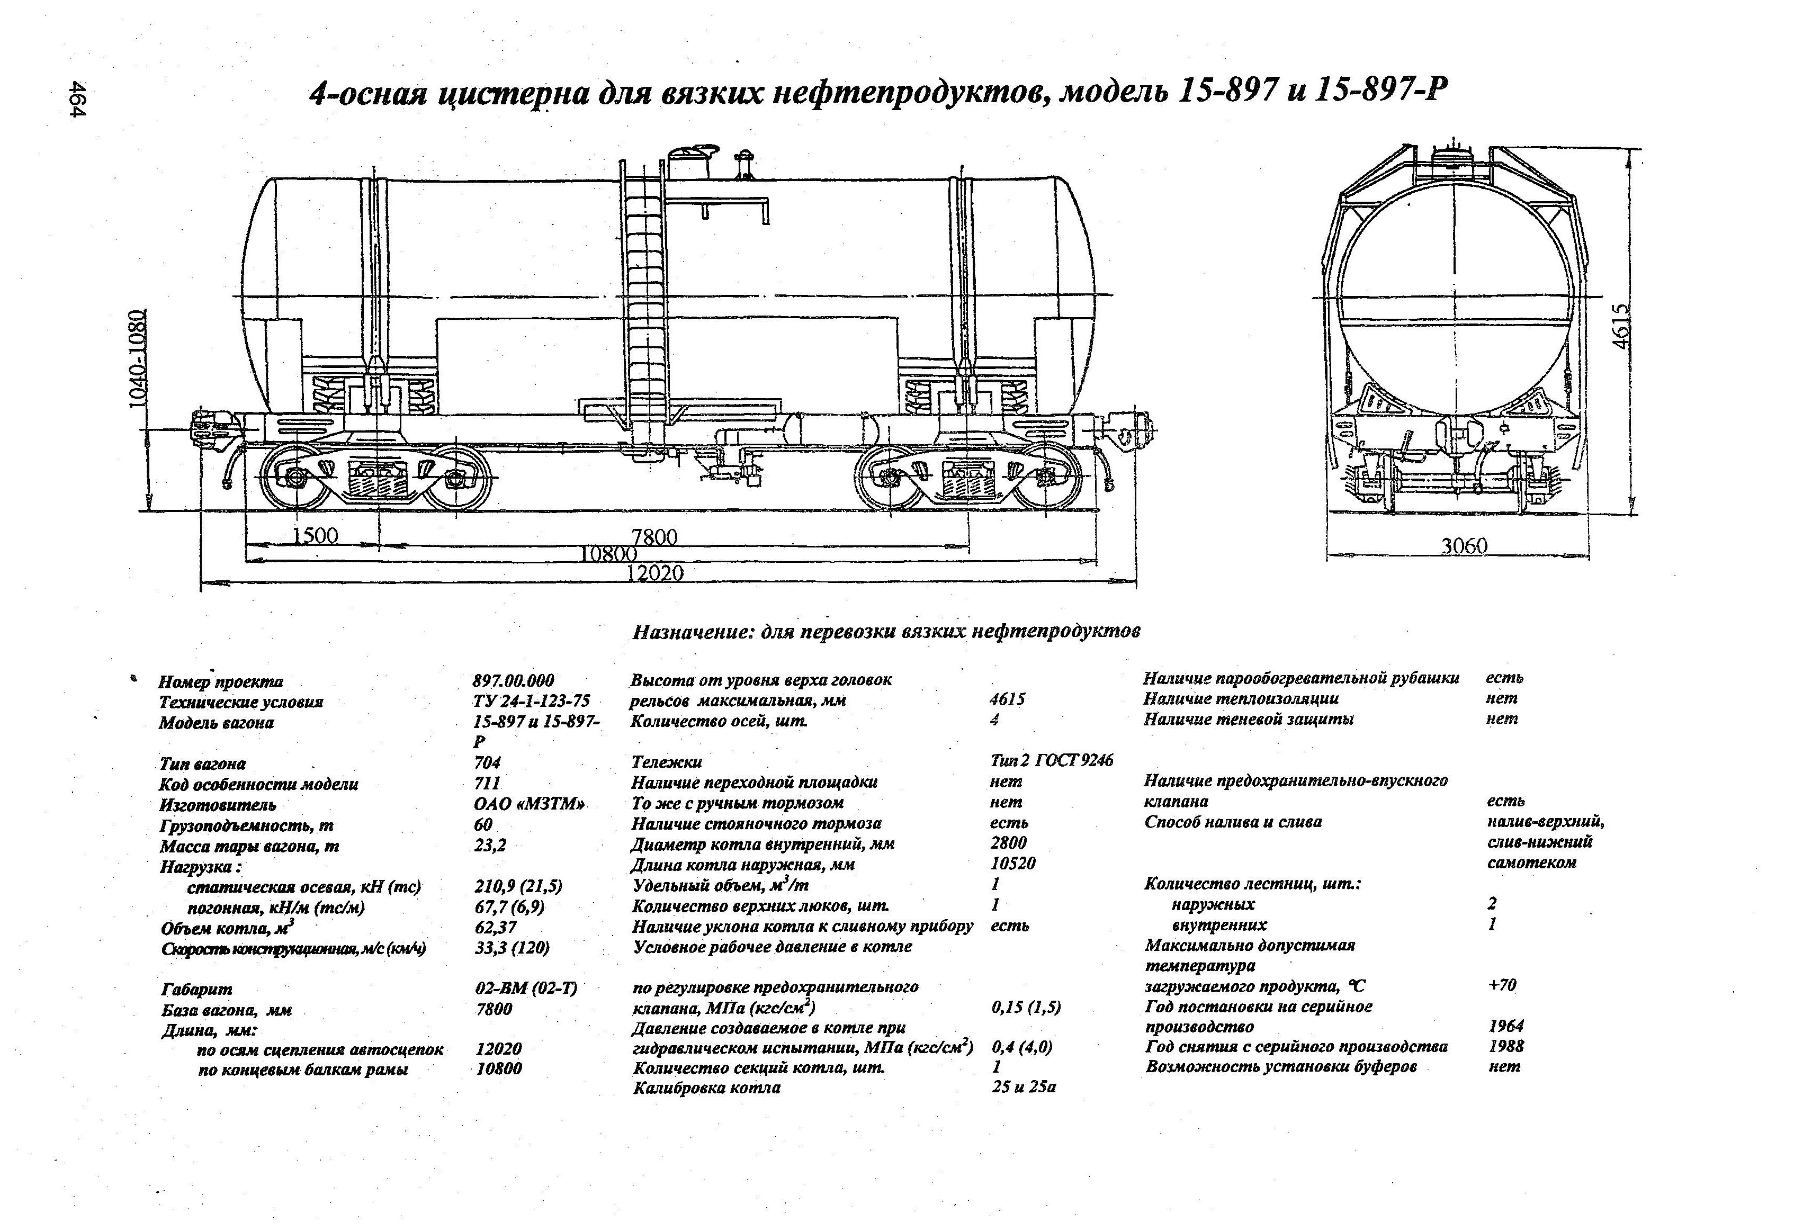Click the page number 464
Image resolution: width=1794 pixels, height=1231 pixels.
[x=77, y=100]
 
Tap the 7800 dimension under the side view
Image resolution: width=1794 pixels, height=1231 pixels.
[x=654, y=536]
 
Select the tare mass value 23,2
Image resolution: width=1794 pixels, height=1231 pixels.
[x=490, y=845]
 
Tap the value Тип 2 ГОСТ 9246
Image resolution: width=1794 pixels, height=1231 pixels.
[x=1052, y=761]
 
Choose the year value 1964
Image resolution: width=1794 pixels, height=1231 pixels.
[x=1505, y=1026]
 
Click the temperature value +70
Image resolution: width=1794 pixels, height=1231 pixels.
[x=1501, y=985]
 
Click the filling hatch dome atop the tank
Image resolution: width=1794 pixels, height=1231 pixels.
[x=689, y=160]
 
